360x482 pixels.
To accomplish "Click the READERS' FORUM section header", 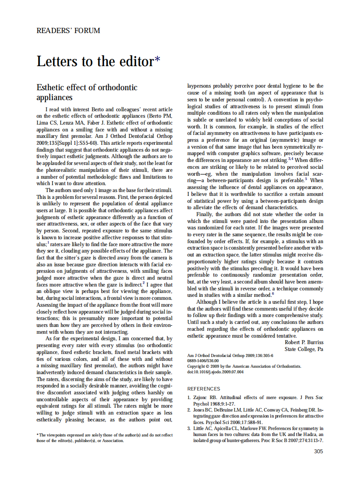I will pos(68,31).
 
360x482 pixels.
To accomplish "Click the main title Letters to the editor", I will pos(95,61).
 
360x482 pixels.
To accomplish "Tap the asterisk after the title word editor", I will pos(158,59).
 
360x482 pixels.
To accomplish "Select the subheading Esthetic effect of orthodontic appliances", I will pos(87,92).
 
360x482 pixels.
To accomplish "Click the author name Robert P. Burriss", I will pos(304,342).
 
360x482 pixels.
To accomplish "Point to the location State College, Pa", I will pos(304,349).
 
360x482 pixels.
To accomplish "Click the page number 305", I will pos(318,451).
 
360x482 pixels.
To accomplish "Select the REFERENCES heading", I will pos(204,388).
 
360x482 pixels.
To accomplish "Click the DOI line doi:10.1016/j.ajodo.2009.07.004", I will pos(216,372).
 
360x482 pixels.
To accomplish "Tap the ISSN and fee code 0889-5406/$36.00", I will pos(203,361).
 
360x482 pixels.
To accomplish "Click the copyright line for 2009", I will pos(244,366).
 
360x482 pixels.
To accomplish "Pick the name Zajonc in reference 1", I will pos(200,398).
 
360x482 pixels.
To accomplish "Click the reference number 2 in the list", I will pos(189,410).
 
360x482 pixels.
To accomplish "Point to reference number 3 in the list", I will pos(189,428).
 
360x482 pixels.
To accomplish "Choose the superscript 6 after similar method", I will pos(272,294).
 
